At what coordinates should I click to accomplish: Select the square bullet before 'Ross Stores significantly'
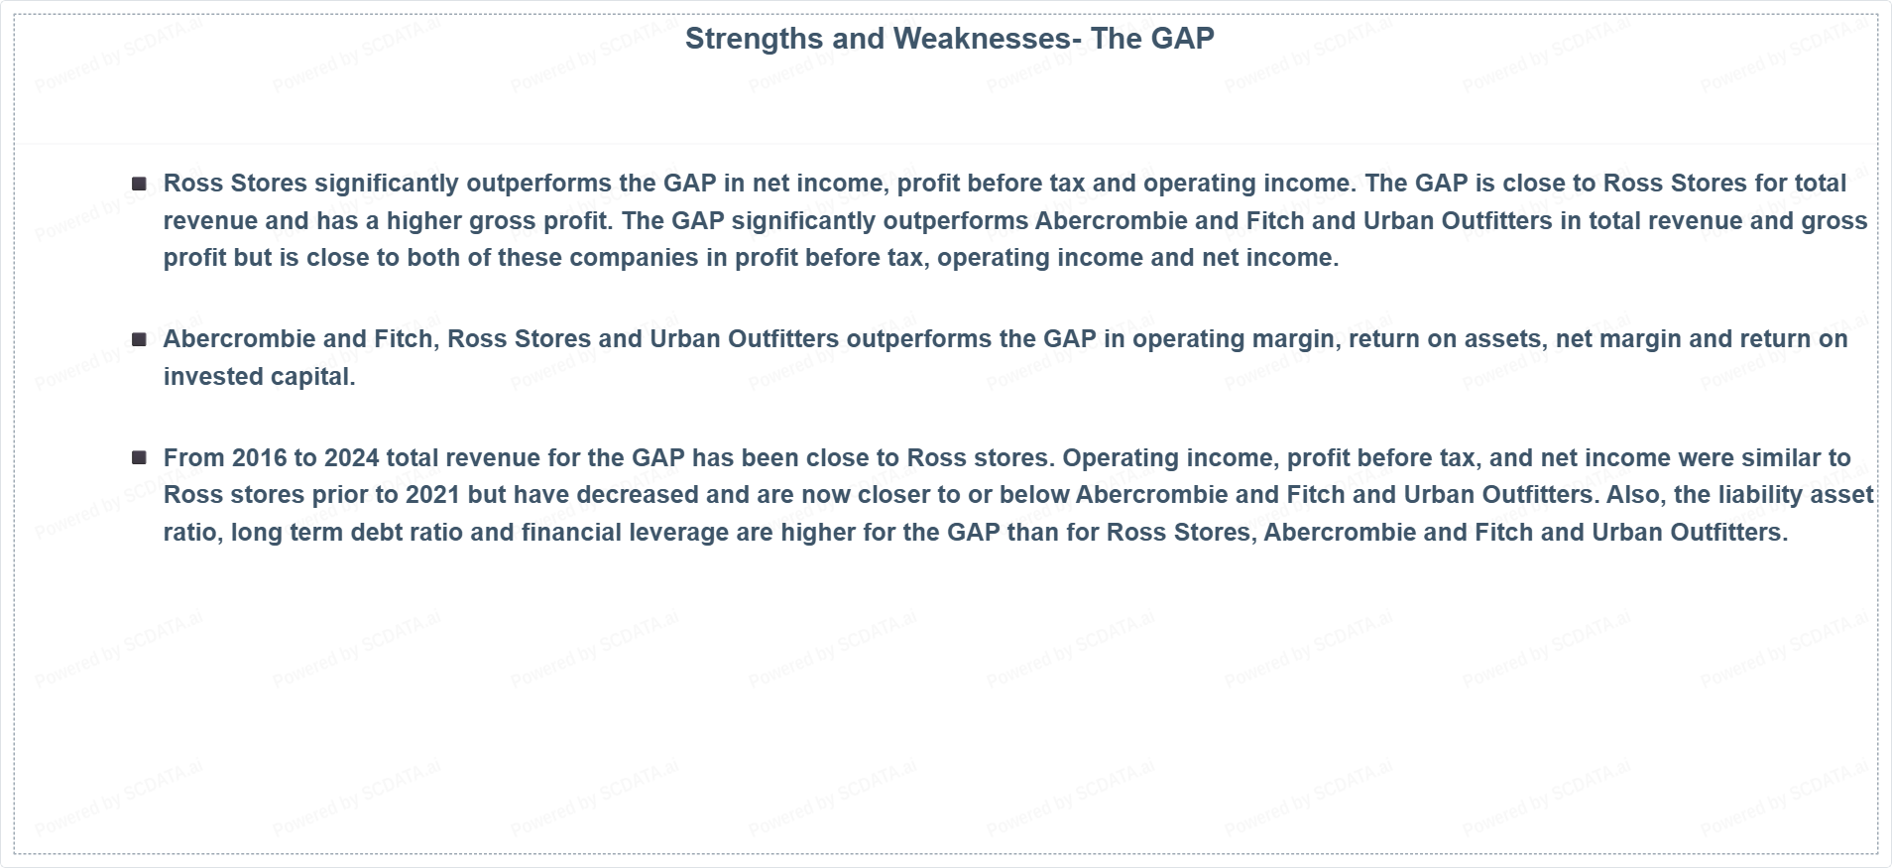[x=139, y=184]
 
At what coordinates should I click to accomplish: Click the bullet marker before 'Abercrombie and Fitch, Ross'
[x=139, y=339]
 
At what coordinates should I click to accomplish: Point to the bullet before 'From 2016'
[x=139, y=457]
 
